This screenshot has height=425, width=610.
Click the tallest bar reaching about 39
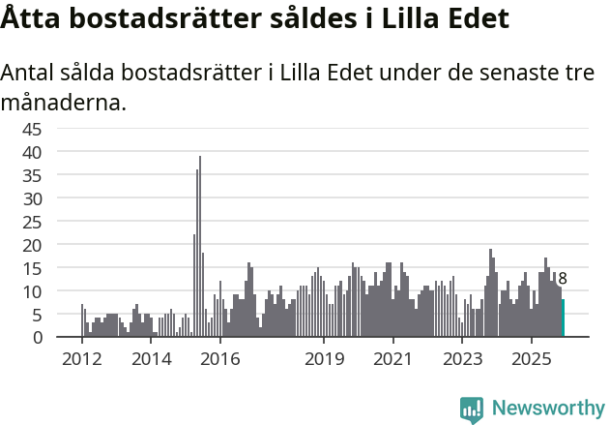[x=200, y=247]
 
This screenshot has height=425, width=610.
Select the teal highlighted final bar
[x=563, y=319]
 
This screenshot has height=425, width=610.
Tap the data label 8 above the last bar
[x=563, y=279]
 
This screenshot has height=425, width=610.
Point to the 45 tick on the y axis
[x=58, y=129]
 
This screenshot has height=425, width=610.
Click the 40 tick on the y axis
[x=58, y=152]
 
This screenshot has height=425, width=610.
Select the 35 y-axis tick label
[x=58, y=175]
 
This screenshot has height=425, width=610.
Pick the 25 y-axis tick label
[x=58, y=222]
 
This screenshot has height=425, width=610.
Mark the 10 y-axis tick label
[x=58, y=291]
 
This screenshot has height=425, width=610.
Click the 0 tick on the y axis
[x=64, y=338]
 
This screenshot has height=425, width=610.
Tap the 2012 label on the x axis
[x=81, y=359]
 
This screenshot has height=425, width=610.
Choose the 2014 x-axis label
[x=151, y=359]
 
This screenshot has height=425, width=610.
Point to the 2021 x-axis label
[x=392, y=359]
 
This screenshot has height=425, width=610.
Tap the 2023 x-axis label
[x=462, y=359]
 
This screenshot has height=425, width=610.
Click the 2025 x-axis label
[x=532, y=359]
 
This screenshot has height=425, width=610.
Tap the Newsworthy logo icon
[x=472, y=410]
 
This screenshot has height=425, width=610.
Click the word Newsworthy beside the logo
[x=547, y=410]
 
